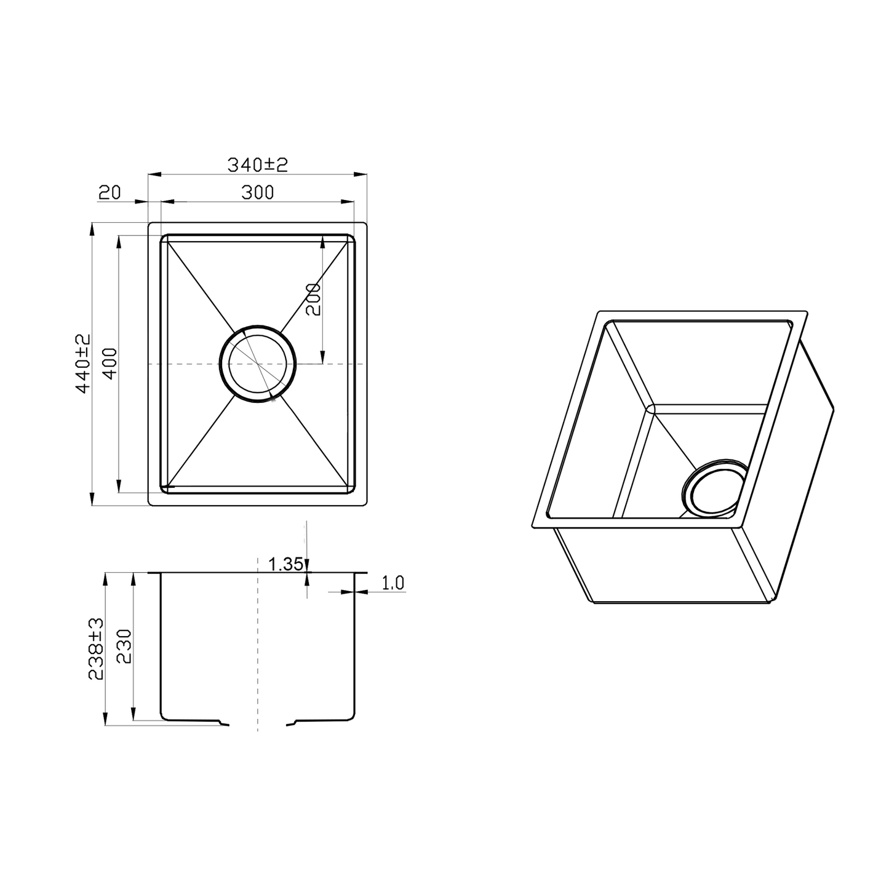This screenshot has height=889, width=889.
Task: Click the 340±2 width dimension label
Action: [257, 165]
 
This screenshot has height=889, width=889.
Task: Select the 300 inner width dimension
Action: [257, 193]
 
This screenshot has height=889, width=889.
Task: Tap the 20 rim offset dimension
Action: [110, 193]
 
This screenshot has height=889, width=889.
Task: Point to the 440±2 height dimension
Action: [84, 364]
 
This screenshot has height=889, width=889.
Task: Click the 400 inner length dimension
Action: [110, 364]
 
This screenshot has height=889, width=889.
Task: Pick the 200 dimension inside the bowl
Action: [313, 300]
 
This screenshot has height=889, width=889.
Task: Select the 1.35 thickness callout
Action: [285, 564]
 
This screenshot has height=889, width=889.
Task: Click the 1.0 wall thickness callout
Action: [393, 583]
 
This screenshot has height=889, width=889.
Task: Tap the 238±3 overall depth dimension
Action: [97, 649]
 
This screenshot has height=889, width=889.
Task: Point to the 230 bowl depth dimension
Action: [124, 646]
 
